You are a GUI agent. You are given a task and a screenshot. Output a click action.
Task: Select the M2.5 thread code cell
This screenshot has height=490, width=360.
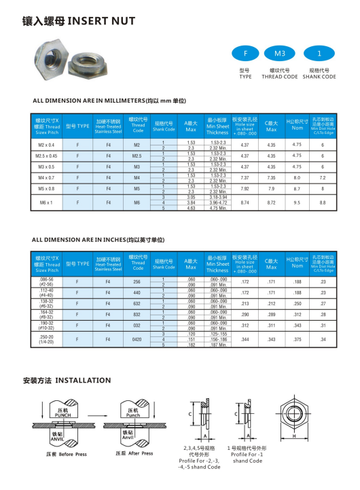(137, 156)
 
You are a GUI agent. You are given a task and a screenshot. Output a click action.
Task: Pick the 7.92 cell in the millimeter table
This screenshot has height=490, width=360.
(245, 188)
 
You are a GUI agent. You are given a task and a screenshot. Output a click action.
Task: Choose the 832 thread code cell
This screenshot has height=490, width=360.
(137, 315)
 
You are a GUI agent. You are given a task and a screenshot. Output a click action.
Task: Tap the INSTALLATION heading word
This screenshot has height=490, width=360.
(83, 381)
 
